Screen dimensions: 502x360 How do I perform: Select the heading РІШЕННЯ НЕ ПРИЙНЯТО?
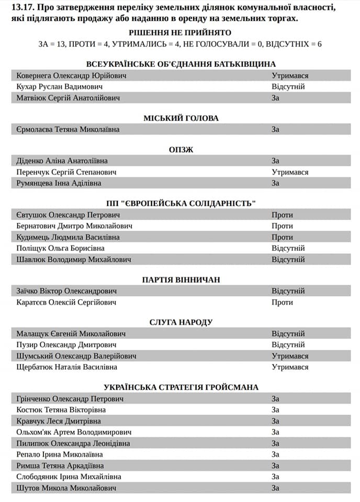180,32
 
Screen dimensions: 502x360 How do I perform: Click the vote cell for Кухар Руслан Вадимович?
288,87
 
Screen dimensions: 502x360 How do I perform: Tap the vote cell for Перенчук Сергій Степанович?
290,172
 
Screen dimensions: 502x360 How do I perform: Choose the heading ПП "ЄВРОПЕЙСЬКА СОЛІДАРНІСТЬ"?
181,203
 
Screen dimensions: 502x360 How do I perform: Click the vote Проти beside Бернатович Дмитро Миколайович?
282,226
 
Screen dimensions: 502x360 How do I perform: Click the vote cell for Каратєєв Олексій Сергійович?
282,302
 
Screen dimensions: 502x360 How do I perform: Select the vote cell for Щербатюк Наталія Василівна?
290,367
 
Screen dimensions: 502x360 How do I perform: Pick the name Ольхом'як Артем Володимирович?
74,432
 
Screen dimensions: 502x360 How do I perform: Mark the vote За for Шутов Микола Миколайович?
275,488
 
